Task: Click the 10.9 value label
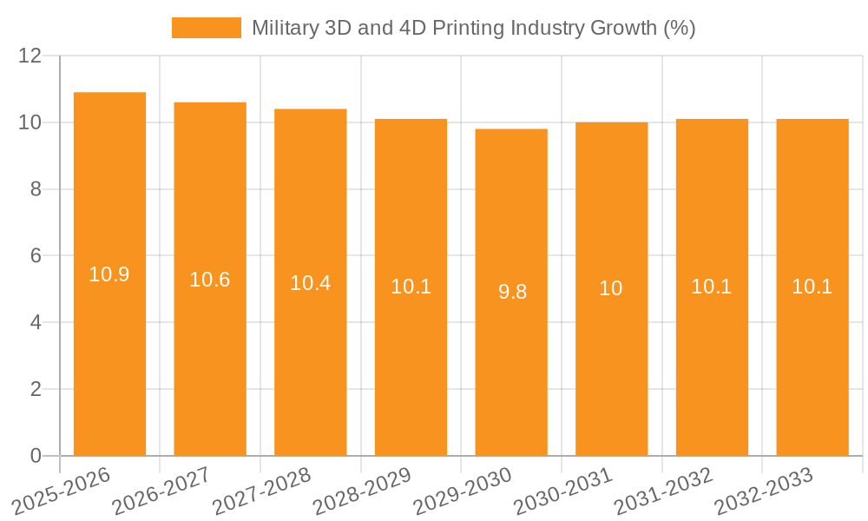coord(109,275)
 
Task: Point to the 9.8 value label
coord(512,292)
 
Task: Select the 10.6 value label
coord(210,280)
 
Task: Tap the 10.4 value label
coord(310,283)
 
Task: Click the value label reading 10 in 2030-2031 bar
coord(611,288)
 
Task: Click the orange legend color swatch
coord(207,28)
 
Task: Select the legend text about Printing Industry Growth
coord(473,28)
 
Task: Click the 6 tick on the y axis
coord(36,256)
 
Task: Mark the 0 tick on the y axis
coord(36,456)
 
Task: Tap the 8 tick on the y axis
coord(36,189)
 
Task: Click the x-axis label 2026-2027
coord(162,491)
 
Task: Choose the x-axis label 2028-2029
coord(363,491)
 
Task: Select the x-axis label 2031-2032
coord(664,491)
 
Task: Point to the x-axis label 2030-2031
coord(564,491)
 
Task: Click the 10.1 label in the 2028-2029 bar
coord(411,287)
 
